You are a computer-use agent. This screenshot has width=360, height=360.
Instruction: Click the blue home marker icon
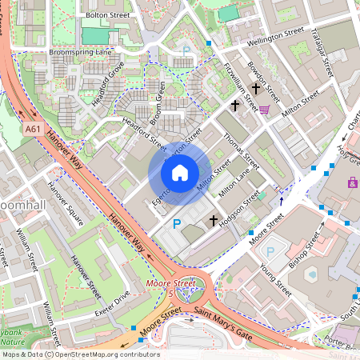tap(180, 173)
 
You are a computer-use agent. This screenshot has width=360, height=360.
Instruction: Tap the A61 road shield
tap(33, 128)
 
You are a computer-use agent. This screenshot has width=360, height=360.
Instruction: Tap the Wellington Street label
tap(276, 34)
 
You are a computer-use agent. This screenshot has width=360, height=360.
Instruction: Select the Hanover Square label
tap(65, 201)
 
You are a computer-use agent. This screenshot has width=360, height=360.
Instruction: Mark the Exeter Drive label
tap(111, 301)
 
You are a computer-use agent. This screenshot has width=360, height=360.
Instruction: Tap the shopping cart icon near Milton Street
tap(264, 110)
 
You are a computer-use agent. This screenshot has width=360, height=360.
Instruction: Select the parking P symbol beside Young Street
tap(270, 251)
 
